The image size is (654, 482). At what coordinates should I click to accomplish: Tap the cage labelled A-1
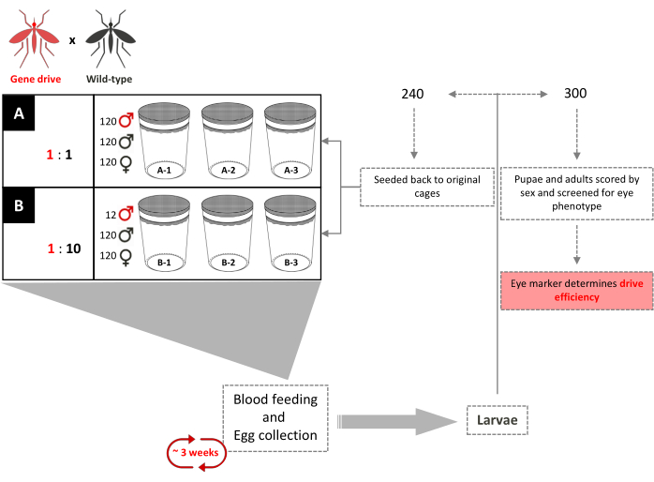(x=164, y=140)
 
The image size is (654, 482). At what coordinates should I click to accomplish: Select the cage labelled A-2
(x=228, y=140)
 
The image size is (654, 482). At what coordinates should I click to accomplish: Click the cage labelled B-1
(x=164, y=233)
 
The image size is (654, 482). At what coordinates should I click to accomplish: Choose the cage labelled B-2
(x=228, y=233)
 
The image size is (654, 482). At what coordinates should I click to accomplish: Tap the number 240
(x=412, y=95)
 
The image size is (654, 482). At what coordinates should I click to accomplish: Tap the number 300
(x=575, y=95)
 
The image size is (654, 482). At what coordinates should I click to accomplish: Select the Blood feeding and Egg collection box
(x=275, y=418)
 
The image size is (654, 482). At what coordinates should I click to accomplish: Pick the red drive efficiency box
(x=575, y=289)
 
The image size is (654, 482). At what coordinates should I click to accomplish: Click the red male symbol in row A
(x=125, y=121)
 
